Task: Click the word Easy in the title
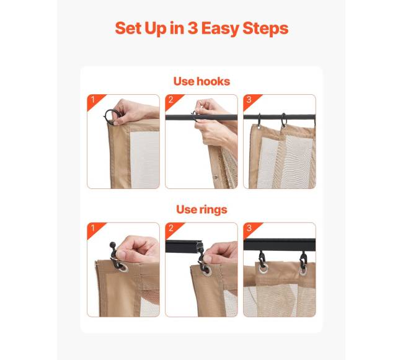click(220, 29)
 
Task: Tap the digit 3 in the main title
click(192, 28)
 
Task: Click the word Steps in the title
click(265, 29)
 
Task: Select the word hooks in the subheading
click(213, 81)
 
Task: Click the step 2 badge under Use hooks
click(173, 100)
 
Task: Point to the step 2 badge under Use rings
click(173, 229)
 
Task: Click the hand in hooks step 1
click(135, 112)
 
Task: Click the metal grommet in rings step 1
click(123, 268)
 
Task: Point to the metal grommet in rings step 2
click(207, 271)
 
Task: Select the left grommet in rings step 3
click(263, 268)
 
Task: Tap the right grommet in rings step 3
click(303, 271)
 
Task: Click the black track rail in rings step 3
click(280, 245)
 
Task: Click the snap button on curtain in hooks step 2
click(216, 177)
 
